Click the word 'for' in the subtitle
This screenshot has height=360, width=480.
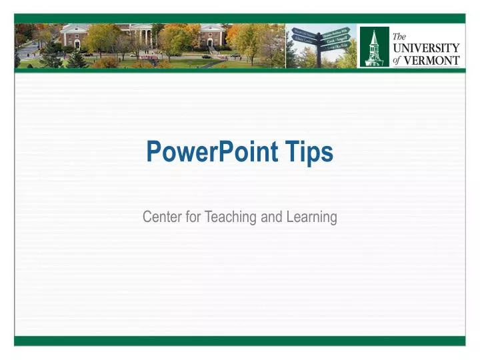(193, 217)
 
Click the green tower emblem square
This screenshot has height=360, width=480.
(374, 47)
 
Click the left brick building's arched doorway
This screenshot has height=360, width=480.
(75, 42)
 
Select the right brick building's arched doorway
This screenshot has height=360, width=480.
(209, 42)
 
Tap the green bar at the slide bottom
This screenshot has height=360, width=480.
(240, 341)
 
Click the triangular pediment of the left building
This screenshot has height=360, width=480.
(75, 28)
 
